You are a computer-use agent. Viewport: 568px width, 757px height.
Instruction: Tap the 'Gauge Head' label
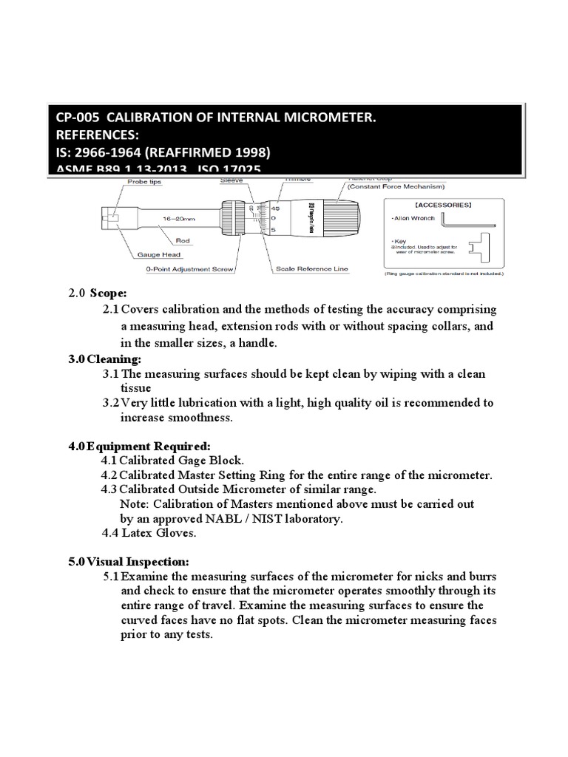(157, 254)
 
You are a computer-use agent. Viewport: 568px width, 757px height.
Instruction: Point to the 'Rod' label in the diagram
(183, 240)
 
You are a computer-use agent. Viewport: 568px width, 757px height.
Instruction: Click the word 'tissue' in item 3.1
(135, 388)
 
